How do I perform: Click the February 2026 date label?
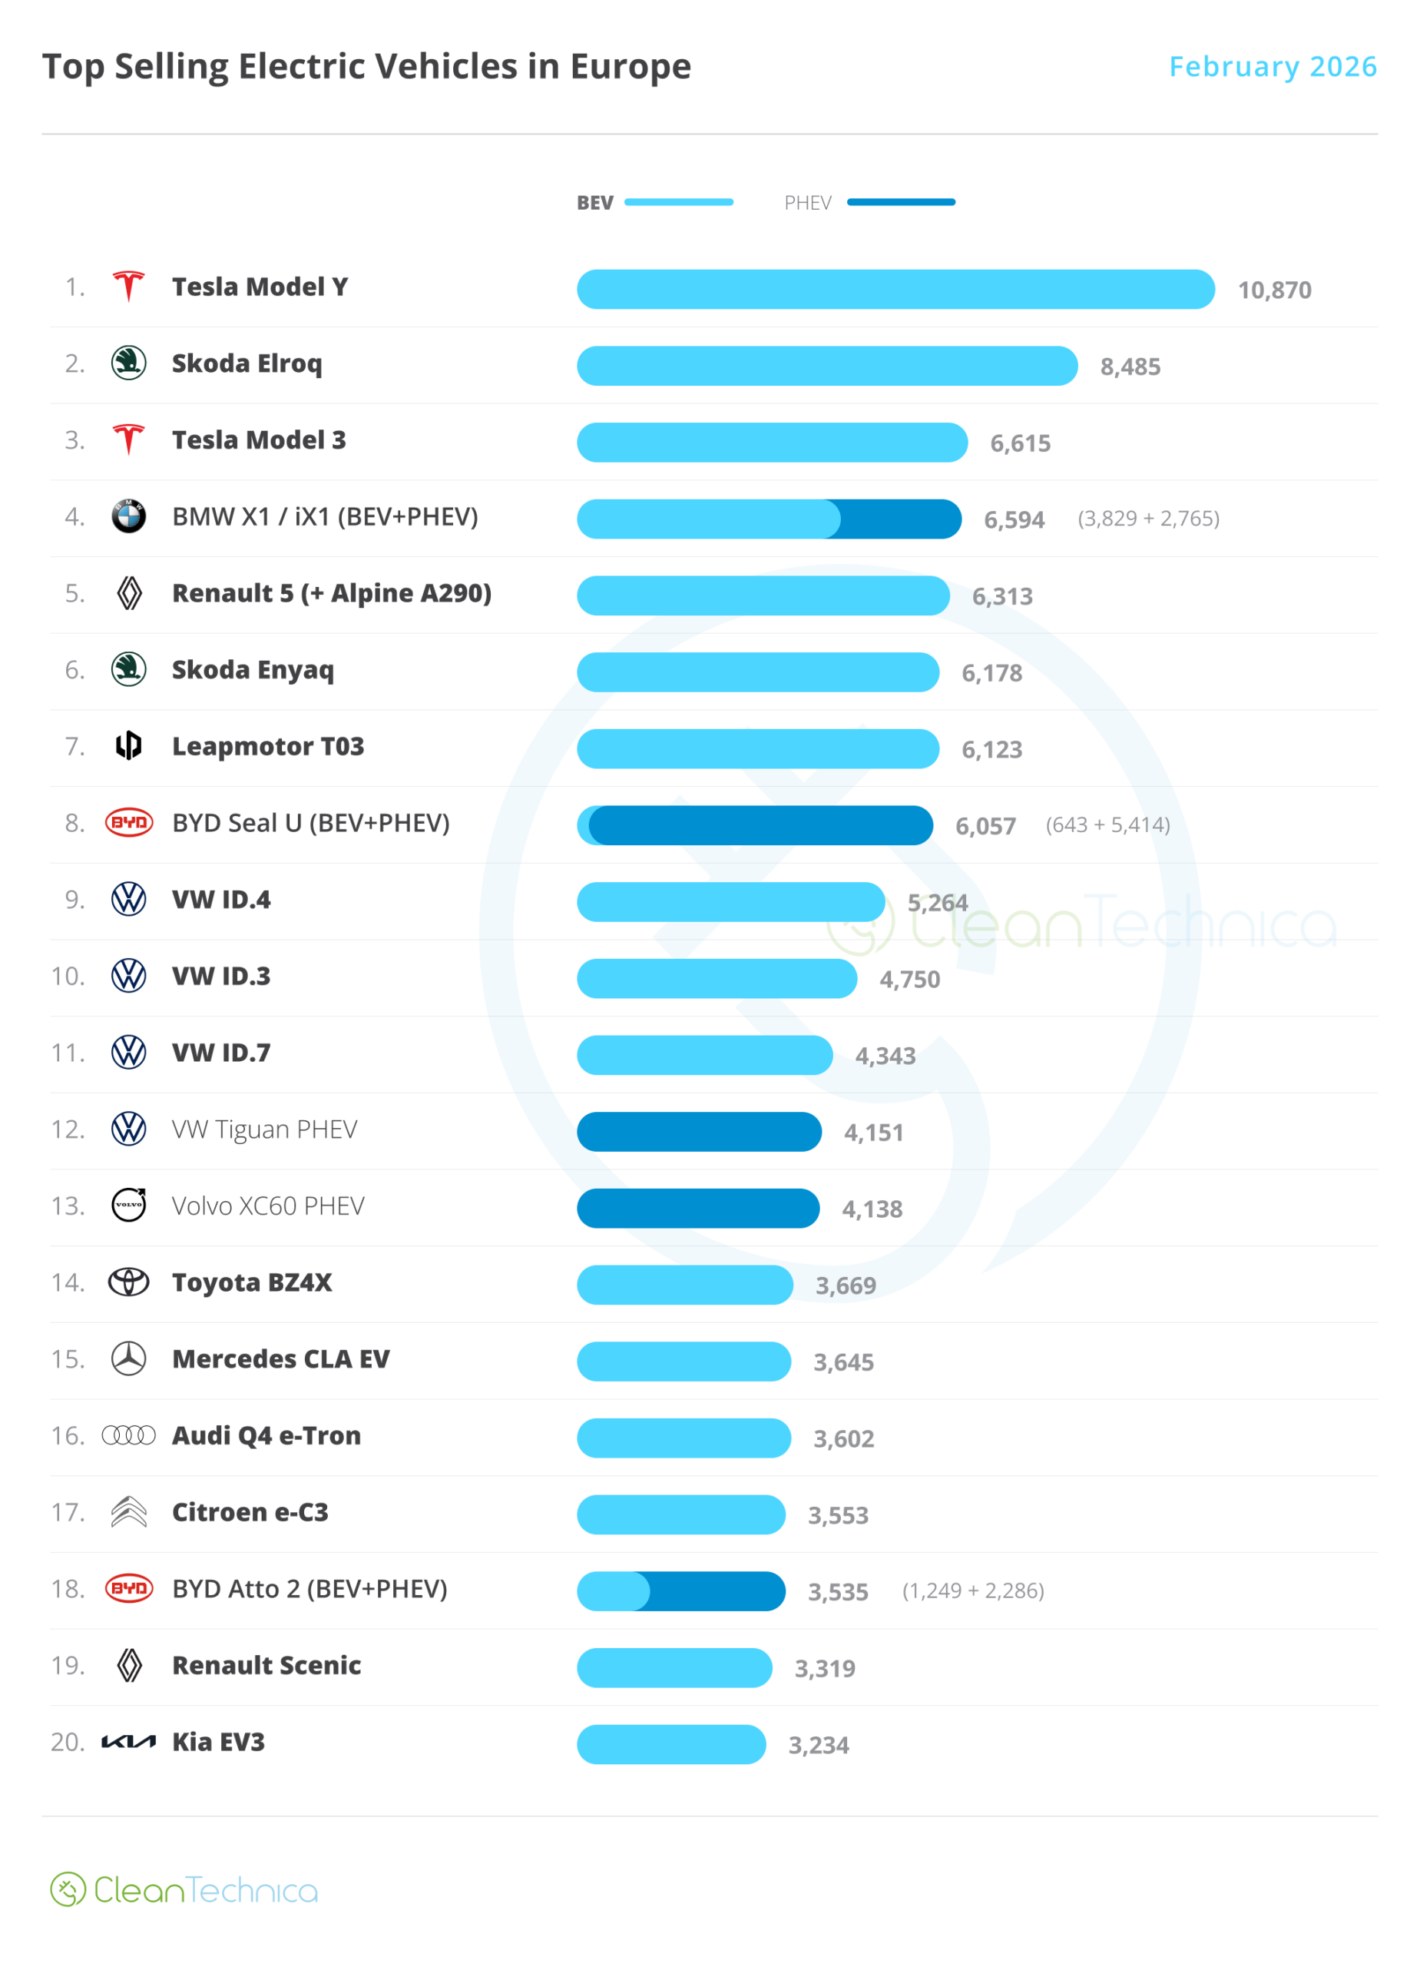[1272, 67]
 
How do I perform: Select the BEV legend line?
[678, 202]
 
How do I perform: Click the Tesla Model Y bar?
[895, 289]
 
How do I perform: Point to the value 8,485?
[1130, 367]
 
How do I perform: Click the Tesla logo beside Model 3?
[128, 440]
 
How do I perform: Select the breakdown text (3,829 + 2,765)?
[1148, 519]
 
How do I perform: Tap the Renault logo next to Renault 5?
[129, 593]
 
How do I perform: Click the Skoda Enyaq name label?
[252, 671]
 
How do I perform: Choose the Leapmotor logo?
[128, 746]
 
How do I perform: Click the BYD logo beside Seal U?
[128, 822]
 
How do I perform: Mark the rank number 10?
[68, 977]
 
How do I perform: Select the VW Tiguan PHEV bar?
[699, 1132]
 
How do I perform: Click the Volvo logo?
[129, 1206]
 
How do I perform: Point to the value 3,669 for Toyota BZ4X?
[846, 1285]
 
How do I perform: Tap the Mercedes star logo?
[128, 1359]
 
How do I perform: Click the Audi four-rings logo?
[128, 1435]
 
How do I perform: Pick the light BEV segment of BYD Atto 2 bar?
[611, 1591]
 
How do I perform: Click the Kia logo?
[128, 1743]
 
